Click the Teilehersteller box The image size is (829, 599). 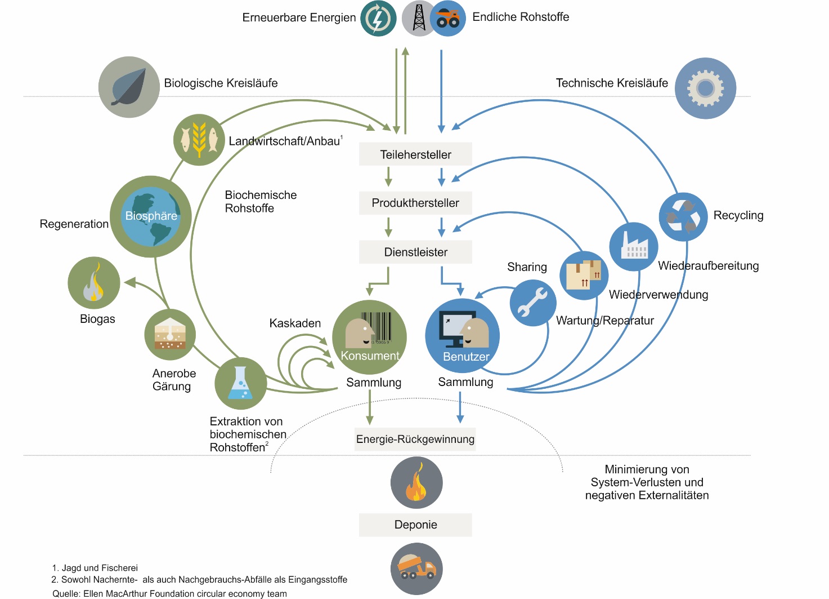(415, 154)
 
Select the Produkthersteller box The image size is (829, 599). (415, 203)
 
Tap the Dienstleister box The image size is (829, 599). (415, 252)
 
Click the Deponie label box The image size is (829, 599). (415, 525)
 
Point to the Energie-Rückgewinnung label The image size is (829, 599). (415, 439)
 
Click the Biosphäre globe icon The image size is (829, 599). (151, 216)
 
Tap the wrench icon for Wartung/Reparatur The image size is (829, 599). (532, 303)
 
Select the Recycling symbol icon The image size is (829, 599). (683, 217)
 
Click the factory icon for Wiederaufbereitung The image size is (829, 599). (634, 247)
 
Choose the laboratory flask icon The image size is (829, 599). (240, 384)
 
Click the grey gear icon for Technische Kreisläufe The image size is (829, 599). (705, 88)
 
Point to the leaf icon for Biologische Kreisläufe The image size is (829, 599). (129, 87)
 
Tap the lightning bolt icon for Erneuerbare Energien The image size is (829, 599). (378, 18)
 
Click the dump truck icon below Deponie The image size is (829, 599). (416, 569)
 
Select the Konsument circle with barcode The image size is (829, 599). (369, 337)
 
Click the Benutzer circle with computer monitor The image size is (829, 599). (462, 336)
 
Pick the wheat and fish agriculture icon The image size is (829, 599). (199, 140)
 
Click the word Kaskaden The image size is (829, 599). (295, 323)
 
